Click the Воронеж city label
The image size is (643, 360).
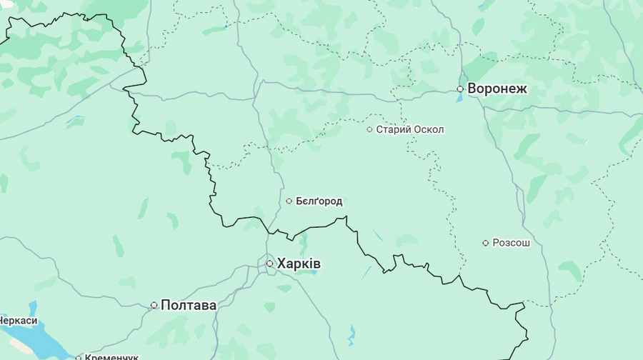[x=497, y=89]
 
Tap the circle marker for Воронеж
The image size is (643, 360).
[x=461, y=89]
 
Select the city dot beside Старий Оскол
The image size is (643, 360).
[x=369, y=129]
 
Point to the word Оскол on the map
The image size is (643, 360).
[x=430, y=129]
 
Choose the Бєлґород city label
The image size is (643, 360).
[x=319, y=201]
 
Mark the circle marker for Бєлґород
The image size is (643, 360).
[x=289, y=201]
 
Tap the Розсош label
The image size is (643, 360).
[x=512, y=243]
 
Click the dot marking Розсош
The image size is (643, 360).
[x=485, y=243]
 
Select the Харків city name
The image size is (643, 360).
[x=299, y=264]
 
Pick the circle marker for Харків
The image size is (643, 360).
[x=269, y=264]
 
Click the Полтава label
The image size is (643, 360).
[x=189, y=305]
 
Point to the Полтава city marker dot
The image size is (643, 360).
[x=154, y=305]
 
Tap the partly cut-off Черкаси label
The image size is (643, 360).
[x=19, y=321]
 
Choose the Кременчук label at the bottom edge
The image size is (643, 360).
[x=111, y=356]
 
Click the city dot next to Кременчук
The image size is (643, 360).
[x=79, y=356]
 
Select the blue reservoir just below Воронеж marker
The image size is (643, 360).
[x=459, y=98]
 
